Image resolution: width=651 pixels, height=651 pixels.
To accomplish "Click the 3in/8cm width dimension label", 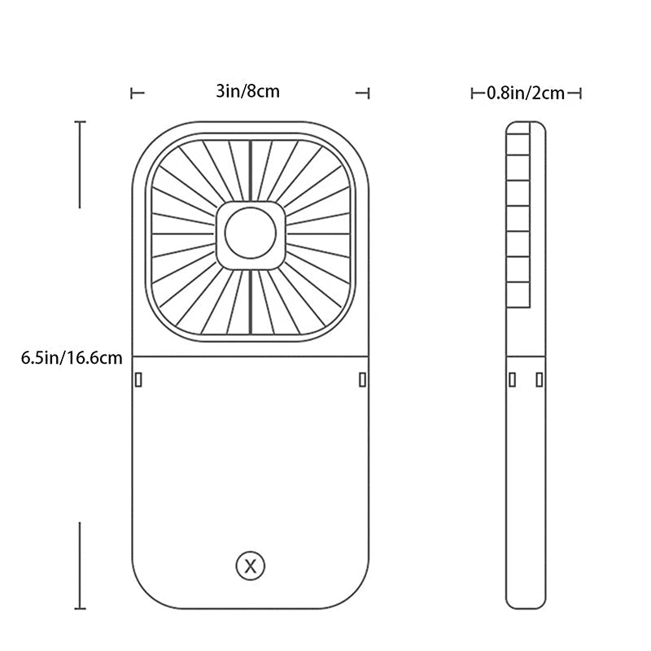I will click(x=248, y=91).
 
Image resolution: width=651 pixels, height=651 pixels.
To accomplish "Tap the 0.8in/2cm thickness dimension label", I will click(x=526, y=93).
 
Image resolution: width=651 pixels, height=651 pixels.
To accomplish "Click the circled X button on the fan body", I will click(x=250, y=566).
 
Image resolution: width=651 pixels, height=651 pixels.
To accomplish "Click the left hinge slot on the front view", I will click(x=138, y=379).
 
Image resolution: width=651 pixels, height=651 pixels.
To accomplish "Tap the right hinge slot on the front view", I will click(x=361, y=379).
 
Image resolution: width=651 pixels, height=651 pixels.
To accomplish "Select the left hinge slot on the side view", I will click(x=513, y=379).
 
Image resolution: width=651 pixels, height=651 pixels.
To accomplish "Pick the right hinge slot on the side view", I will click(x=539, y=379).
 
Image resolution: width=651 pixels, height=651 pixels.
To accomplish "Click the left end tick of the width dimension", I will click(x=133, y=94).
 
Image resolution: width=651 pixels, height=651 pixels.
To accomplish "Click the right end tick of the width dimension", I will click(x=369, y=94).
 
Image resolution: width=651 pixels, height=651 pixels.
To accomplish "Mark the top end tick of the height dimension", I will click(x=80, y=122).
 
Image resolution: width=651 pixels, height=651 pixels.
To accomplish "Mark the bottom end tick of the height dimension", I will click(x=80, y=608).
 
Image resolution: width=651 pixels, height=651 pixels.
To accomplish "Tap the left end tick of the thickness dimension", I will click(x=473, y=94).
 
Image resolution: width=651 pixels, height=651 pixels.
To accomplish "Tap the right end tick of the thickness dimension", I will click(x=579, y=94).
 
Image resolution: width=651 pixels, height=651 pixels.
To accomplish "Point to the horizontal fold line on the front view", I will click(x=250, y=356).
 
